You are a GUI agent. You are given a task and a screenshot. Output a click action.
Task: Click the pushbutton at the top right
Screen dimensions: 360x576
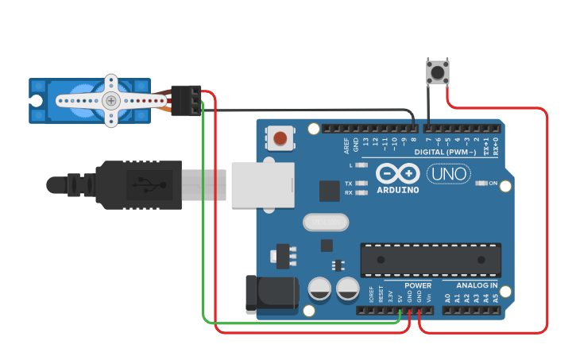click(437, 72)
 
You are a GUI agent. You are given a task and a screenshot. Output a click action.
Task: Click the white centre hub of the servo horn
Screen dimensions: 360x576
click(111, 100)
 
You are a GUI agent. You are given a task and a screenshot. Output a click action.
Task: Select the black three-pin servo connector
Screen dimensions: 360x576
click(186, 100)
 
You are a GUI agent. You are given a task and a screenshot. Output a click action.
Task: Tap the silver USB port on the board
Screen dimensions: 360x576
click(256, 185)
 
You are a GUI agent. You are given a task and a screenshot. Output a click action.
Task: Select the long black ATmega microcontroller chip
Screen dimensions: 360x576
click(431, 260)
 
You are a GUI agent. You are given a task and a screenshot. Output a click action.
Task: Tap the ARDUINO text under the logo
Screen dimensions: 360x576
click(398, 191)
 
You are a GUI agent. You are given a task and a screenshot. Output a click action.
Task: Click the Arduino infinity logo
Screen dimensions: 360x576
click(398, 173)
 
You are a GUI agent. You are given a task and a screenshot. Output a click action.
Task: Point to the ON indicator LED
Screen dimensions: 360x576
click(481, 184)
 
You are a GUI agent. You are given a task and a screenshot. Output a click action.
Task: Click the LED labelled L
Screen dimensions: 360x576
click(362, 165)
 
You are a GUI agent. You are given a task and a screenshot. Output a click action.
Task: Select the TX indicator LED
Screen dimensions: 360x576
click(362, 184)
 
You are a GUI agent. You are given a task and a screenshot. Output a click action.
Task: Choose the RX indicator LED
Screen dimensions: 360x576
click(362, 192)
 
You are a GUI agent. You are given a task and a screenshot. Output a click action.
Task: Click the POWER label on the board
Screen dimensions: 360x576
click(418, 285)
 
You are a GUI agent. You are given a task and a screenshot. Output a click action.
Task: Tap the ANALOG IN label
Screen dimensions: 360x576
click(477, 285)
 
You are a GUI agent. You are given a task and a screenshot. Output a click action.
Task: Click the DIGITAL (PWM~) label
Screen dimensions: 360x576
click(446, 151)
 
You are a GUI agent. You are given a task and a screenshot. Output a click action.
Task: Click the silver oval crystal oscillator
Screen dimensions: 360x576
click(325, 222)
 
